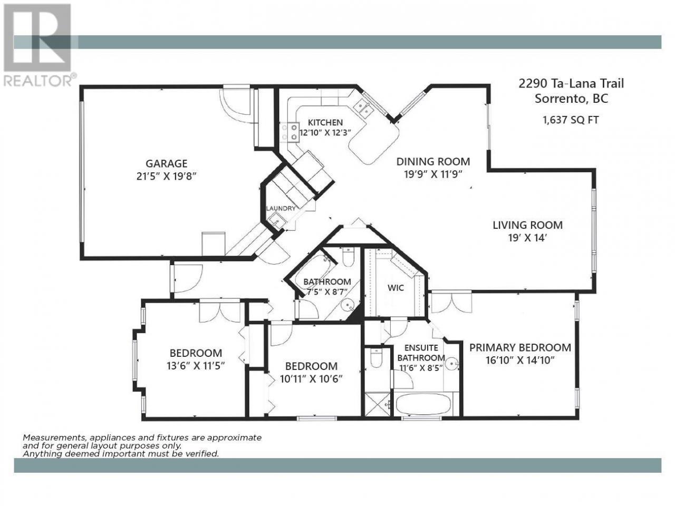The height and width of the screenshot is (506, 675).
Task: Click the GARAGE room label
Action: point(166,163)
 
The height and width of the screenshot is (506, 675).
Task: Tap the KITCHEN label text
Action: point(325,123)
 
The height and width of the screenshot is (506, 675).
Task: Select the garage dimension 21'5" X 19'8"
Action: point(166,177)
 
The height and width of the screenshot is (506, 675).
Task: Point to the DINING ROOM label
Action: point(433,162)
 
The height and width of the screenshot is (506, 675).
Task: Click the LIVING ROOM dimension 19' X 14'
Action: point(527,238)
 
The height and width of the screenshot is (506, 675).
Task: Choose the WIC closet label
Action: point(396,288)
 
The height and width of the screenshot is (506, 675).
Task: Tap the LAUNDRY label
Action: point(281,209)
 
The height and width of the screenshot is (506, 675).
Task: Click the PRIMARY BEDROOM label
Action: point(520,347)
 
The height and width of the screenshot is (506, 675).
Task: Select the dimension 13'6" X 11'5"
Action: point(196,366)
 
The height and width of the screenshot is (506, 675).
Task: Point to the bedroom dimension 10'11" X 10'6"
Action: point(311,379)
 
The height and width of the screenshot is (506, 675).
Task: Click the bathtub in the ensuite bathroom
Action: point(423,404)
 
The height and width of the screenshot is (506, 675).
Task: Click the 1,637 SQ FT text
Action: point(571,120)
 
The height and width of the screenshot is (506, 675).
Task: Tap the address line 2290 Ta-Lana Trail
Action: point(571,83)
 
